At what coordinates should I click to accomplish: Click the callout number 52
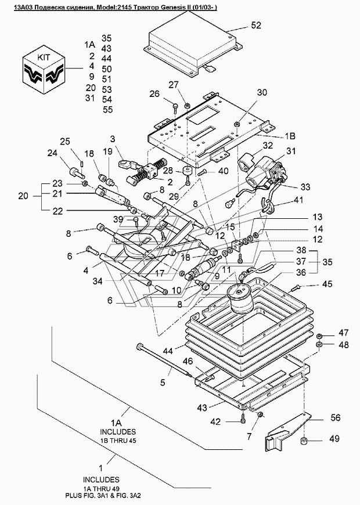256,25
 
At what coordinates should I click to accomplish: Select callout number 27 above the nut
174,85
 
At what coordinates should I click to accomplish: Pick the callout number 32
268,146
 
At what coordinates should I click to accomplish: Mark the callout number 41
298,200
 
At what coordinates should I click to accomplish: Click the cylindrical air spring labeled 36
241,300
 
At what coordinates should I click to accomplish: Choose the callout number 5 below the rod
163,383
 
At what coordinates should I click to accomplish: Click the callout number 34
98,281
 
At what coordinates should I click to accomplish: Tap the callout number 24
52,153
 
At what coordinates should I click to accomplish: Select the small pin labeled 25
82,163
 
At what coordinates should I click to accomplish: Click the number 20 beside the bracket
23,196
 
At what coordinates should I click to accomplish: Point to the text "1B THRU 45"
118,441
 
